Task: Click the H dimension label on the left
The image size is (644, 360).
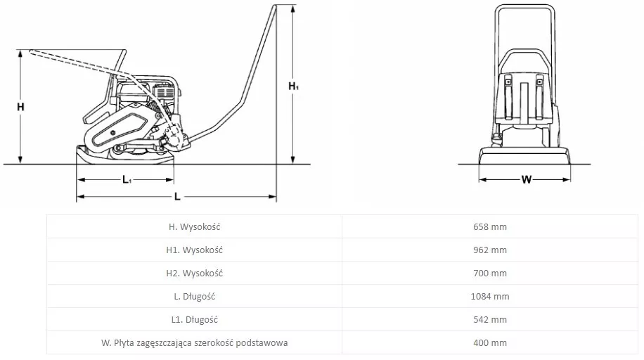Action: pyautogui.click(x=20, y=107)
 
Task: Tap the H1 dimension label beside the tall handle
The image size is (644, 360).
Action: pyautogui.click(x=293, y=86)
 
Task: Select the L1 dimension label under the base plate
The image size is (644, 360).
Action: pyautogui.click(x=127, y=179)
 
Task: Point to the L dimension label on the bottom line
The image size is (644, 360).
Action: pyautogui.click(x=177, y=196)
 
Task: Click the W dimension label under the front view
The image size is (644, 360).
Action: pyautogui.click(x=526, y=179)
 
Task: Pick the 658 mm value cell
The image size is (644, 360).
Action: pyautogui.click(x=490, y=227)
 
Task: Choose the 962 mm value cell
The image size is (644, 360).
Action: pyautogui.click(x=490, y=250)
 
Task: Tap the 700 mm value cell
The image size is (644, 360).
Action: pyautogui.click(x=490, y=274)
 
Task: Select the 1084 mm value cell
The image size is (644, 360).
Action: pyautogui.click(x=490, y=296)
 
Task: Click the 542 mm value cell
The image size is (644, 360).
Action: pyautogui.click(x=490, y=320)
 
